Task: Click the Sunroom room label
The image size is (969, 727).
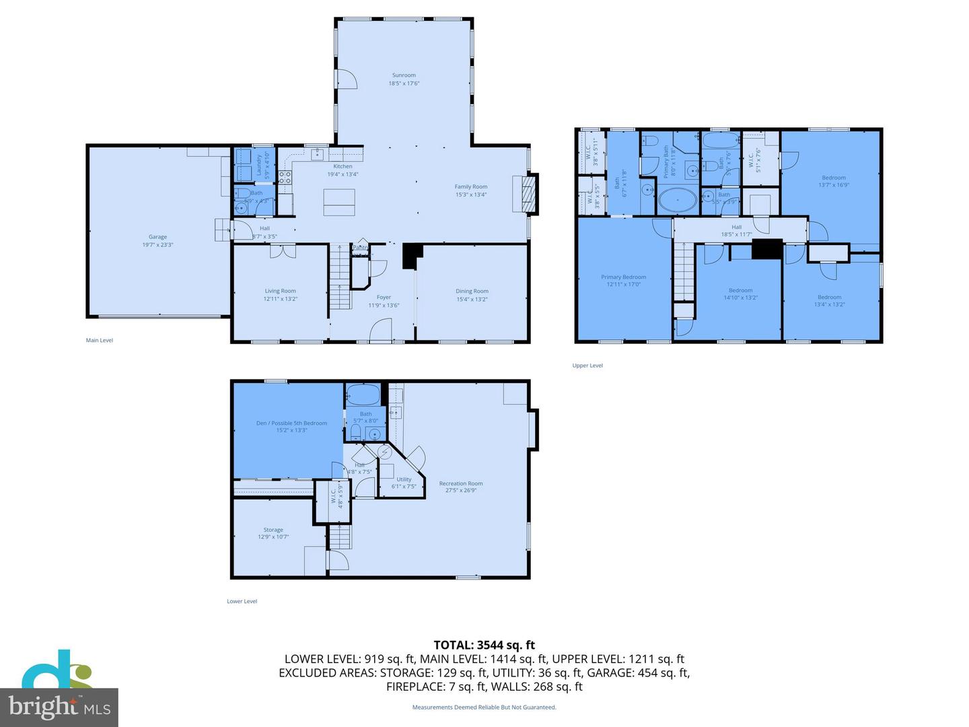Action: click(404, 79)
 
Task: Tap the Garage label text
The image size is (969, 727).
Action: click(157, 241)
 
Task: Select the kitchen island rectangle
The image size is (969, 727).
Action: click(339, 202)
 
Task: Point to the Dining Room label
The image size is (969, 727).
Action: click(472, 296)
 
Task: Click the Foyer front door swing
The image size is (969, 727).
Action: click(382, 330)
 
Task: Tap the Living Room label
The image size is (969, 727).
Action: click(280, 295)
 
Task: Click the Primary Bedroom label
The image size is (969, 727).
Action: click(623, 281)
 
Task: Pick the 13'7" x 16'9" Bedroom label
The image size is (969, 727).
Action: click(833, 181)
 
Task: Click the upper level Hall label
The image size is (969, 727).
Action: click(736, 231)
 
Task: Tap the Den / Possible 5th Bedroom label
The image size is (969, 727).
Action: click(291, 427)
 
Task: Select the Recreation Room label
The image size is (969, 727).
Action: click(461, 487)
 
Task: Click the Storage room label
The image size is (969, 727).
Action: click(273, 533)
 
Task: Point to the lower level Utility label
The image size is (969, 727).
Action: click(404, 483)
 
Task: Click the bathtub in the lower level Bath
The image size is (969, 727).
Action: click(363, 394)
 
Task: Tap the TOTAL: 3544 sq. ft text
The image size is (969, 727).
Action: click(484, 646)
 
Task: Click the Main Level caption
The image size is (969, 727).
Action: click(100, 341)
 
